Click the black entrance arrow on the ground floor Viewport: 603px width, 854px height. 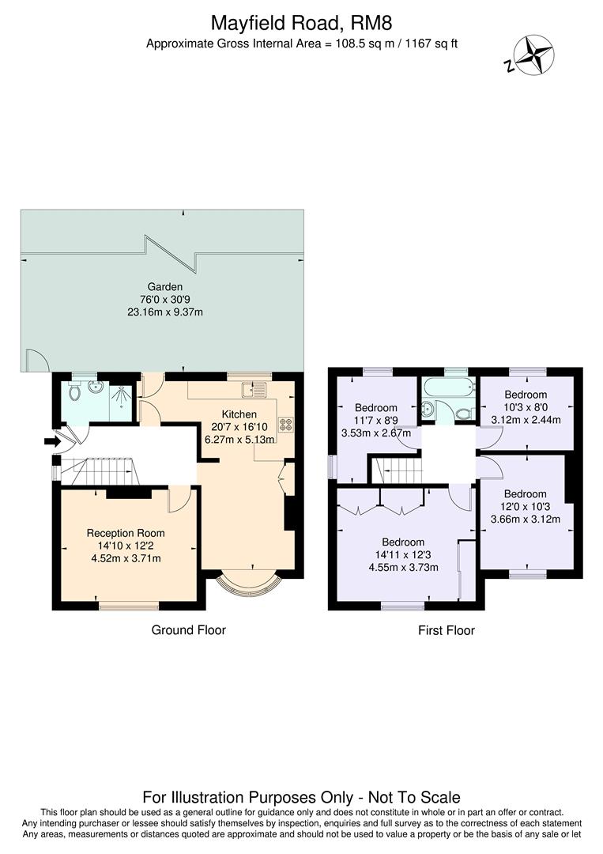pyautogui.click(x=52, y=441)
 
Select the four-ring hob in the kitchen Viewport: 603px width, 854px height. pyautogui.click(x=285, y=425)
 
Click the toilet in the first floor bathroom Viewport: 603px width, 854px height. pyautogui.click(x=463, y=412)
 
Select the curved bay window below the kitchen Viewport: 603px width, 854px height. pyautogui.click(x=248, y=584)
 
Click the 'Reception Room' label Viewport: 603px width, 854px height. pyautogui.click(x=123, y=533)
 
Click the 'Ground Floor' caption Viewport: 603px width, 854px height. pyautogui.click(x=188, y=630)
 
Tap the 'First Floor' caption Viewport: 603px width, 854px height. pyautogui.click(x=447, y=630)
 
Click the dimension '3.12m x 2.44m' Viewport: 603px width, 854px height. pyautogui.click(x=526, y=419)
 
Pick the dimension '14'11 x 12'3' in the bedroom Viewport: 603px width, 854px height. pyautogui.click(x=403, y=555)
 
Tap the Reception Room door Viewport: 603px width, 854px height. pyautogui.click(x=179, y=500)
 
